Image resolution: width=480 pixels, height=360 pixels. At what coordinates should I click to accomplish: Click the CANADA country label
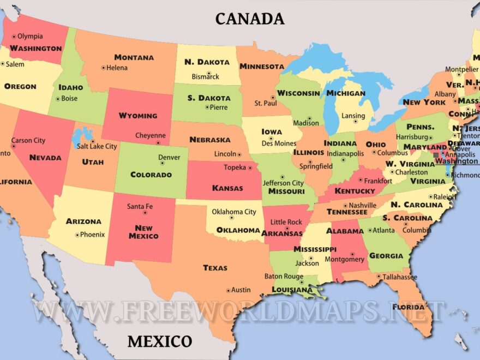(x=250, y=19)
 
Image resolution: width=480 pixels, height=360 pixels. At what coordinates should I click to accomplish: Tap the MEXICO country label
(x=160, y=342)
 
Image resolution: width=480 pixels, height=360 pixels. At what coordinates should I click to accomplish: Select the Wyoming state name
(x=137, y=116)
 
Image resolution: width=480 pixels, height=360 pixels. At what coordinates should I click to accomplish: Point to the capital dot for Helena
(x=103, y=68)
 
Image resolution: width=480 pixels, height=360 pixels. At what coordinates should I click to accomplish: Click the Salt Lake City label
(x=97, y=146)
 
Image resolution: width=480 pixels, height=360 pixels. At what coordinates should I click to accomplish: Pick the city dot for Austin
(x=228, y=290)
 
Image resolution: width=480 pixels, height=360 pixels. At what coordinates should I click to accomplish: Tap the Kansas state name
(x=227, y=188)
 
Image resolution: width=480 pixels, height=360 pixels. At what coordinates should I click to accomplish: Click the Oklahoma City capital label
(x=234, y=212)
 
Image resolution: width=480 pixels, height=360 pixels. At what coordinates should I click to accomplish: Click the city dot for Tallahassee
(x=379, y=277)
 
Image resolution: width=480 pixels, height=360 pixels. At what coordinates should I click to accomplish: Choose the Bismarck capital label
(x=205, y=77)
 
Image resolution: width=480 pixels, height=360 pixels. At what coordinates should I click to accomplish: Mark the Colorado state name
(x=151, y=175)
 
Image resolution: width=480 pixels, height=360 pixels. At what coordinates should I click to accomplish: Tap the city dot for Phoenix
(x=77, y=235)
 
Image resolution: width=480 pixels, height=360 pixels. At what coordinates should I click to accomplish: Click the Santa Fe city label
(x=140, y=207)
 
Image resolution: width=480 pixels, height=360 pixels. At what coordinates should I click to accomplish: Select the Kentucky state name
(x=355, y=191)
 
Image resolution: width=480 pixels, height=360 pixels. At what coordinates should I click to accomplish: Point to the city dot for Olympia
(x=15, y=37)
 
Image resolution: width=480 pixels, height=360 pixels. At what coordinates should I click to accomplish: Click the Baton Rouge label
(x=284, y=277)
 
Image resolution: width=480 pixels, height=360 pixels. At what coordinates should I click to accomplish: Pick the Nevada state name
(x=45, y=158)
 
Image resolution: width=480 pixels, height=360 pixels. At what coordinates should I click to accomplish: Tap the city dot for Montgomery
(x=352, y=253)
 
